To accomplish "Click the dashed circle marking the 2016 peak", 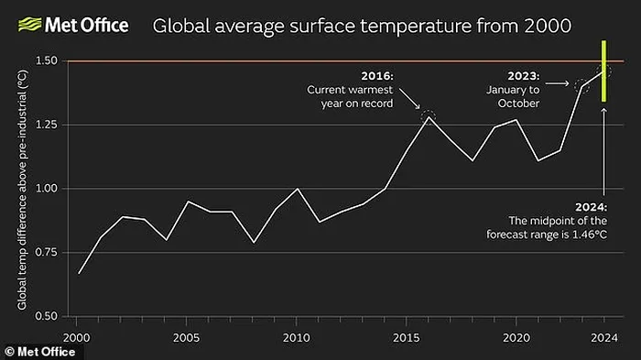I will [x=429, y=116].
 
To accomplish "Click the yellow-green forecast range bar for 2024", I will [x=603, y=72].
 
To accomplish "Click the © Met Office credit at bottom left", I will [x=34, y=352].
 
